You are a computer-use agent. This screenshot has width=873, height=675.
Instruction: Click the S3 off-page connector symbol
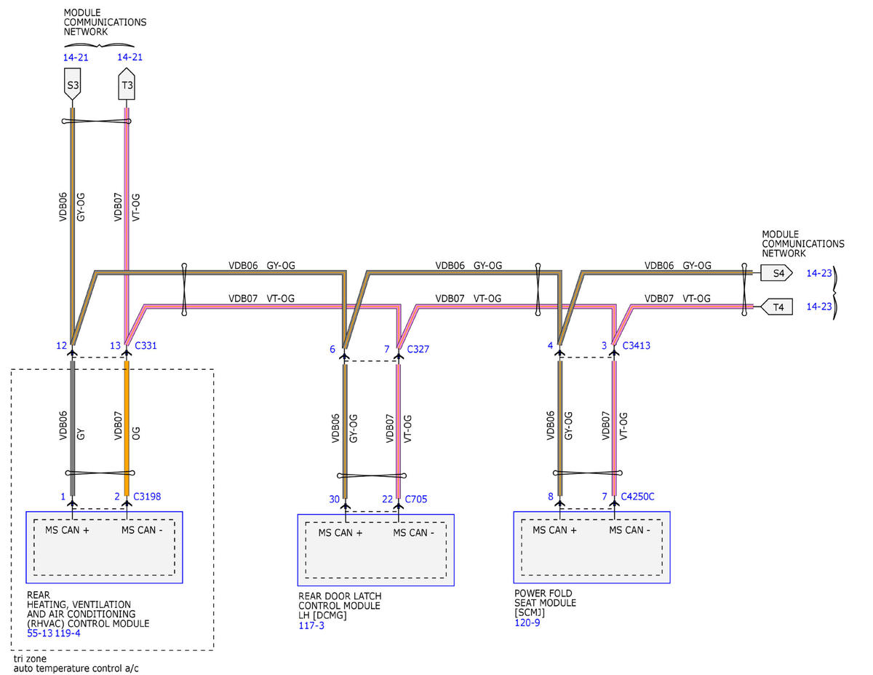click(72, 84)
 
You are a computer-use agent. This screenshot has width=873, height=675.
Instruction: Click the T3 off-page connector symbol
click(127, 84)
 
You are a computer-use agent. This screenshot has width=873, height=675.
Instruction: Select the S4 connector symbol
click(776, 273)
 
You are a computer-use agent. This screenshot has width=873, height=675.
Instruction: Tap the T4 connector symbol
click(776, 307)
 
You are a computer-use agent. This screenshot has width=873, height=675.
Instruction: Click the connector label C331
click(145, 346)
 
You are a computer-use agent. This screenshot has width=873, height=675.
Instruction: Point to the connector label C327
click(418, 349)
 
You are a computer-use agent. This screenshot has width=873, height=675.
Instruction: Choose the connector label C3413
click(636, 346)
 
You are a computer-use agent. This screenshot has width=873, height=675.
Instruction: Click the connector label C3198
click(147, 497)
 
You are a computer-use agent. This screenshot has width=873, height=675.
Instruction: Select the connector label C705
click(416, 500)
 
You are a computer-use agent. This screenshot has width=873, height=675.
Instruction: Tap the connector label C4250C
click(637, 497)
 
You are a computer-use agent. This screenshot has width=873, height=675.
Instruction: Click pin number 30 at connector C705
click(334, 500)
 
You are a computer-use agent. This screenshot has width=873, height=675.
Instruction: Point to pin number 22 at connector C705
click(387, 500)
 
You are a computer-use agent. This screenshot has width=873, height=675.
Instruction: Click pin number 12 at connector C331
click(61, 346)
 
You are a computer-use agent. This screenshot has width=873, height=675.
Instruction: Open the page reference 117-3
click(311, 625)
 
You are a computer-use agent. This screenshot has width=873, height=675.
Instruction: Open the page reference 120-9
click(527, 623)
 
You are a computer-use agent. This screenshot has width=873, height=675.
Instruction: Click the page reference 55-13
click(40, 633)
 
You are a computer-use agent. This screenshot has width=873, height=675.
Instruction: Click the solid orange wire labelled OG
click(127, 428)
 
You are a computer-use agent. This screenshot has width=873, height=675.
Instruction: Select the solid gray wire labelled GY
click(73, 428)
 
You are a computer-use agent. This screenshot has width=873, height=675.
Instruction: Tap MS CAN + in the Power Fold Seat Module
click(554, 530)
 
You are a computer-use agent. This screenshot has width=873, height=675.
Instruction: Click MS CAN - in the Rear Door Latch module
click(413, 533)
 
